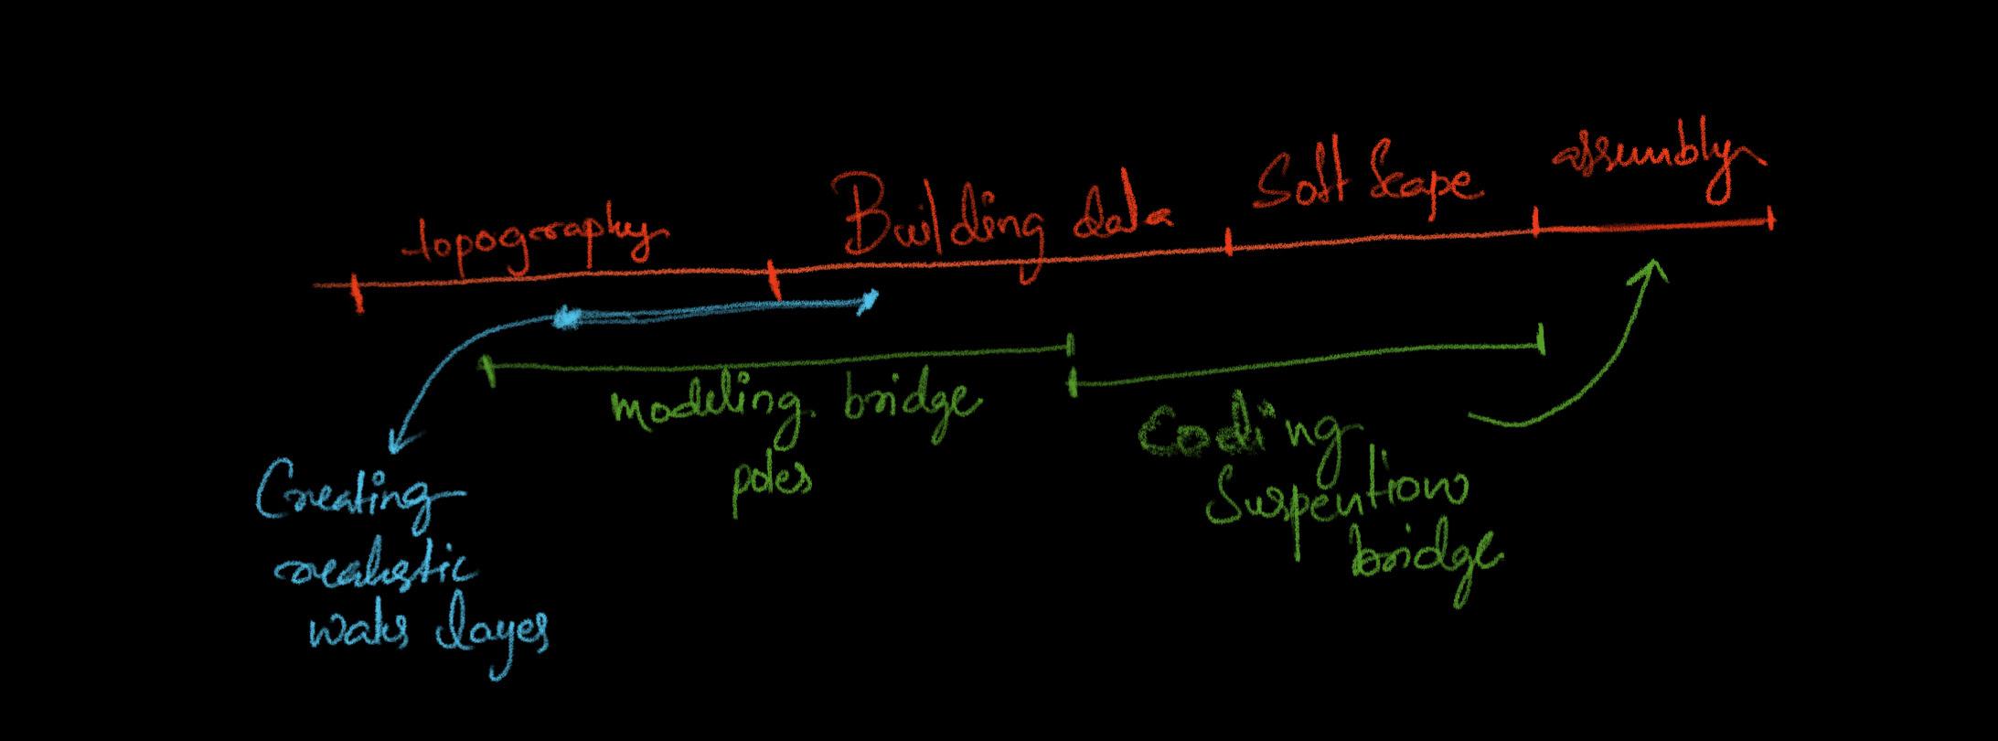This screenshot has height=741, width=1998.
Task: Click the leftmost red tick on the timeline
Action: (x=358, y=293)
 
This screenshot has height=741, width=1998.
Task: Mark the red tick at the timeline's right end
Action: (x=1770, y=220)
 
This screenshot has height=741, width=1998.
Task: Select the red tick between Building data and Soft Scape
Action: (x=1229, y=243)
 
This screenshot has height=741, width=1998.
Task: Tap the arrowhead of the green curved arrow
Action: (x=1653, y=268)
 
